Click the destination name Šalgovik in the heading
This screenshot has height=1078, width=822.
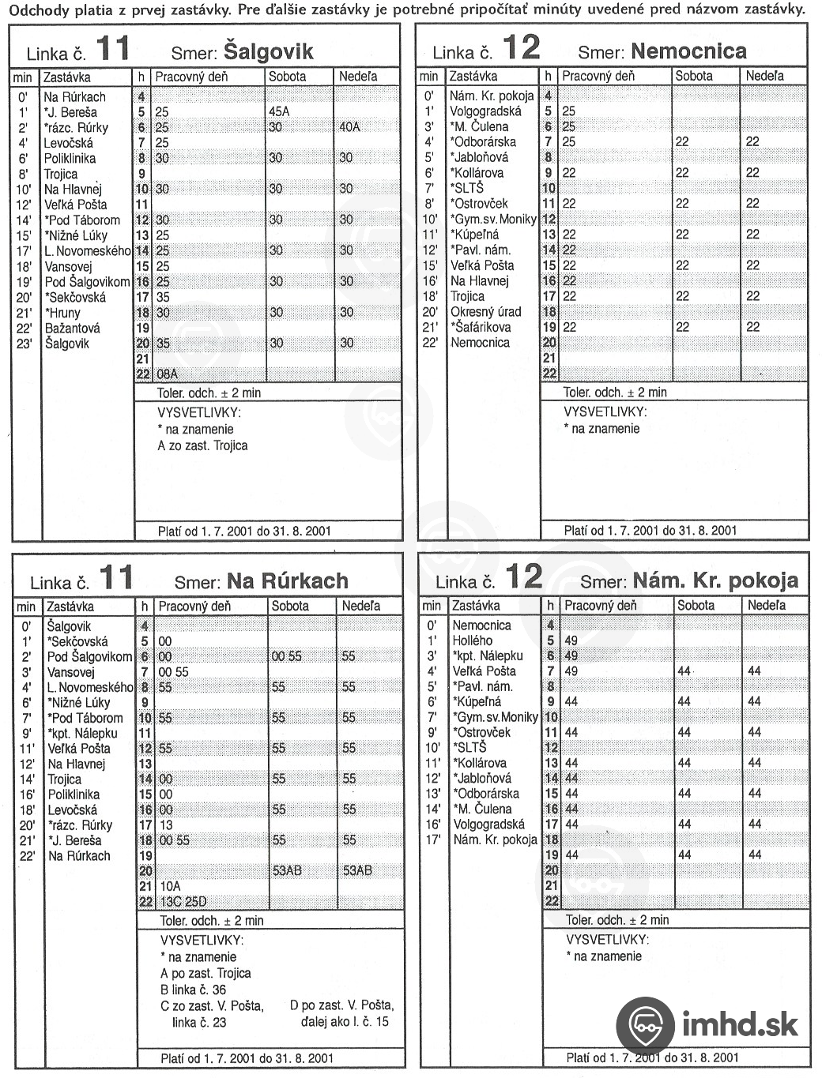269,51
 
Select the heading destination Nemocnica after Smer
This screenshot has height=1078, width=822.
689,51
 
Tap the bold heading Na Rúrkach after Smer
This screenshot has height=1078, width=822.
288,581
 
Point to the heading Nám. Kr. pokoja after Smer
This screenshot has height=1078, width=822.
715,580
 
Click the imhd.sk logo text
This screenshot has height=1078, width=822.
740,1024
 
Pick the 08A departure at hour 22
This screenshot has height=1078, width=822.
167,374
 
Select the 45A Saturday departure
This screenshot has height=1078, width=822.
279,111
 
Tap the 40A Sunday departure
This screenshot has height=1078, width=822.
350,127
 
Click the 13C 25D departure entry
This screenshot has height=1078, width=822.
183,902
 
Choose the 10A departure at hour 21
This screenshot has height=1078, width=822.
170,886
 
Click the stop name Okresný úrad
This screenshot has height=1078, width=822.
486,312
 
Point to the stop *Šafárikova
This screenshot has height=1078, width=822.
481,327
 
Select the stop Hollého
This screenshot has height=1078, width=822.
472,640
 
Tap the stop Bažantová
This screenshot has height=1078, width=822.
72,328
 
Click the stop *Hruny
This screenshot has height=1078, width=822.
62,313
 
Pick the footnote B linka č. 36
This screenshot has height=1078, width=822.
193,990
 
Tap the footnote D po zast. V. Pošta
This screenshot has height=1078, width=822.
341,1005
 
